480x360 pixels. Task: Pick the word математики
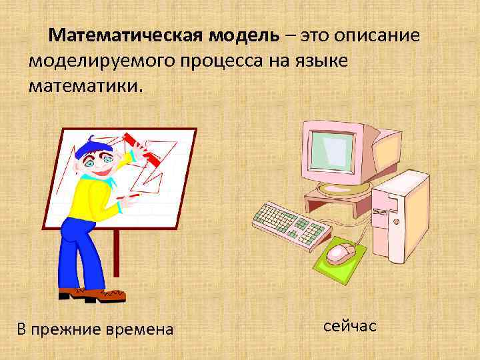[85, 87]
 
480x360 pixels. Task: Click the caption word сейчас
[350, 326]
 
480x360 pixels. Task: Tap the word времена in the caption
[141, 329]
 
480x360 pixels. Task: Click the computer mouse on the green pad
[341, 252]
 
